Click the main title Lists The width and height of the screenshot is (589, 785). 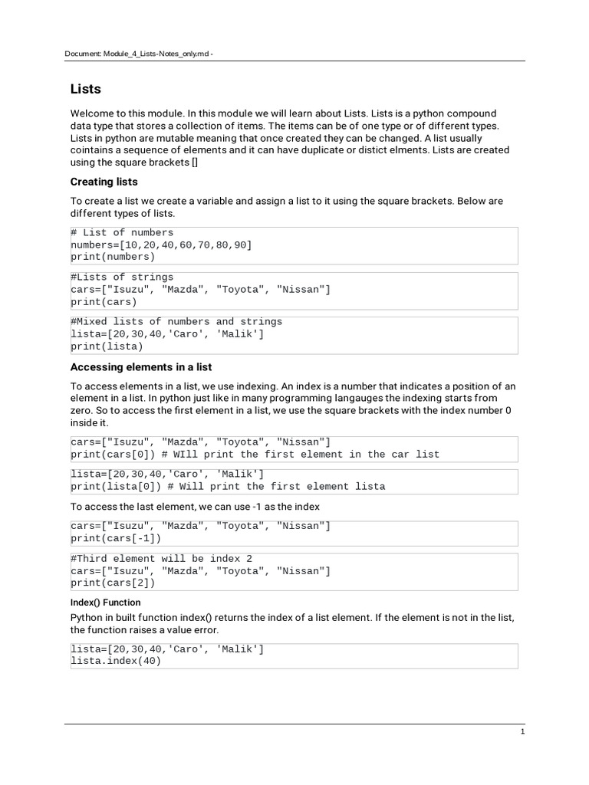pos(85,89)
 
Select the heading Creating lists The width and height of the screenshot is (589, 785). pos(104,182)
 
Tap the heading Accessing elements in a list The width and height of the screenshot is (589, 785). pos(141,367)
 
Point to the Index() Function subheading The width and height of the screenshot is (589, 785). pos(106,603)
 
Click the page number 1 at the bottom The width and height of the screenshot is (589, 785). pos(522,732)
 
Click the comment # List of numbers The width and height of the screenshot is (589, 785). pos(122,232)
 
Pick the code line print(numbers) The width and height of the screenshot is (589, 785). pos(112,257)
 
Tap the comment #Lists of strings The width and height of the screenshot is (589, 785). pos(122,277)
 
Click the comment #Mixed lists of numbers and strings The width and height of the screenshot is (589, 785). pos(176,321)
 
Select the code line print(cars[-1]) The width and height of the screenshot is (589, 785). pos(115,538)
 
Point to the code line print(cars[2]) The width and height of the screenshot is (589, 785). pos(112,583)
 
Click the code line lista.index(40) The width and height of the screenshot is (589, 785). pos(115,662)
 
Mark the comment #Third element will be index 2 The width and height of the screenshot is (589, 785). pos(164,558)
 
